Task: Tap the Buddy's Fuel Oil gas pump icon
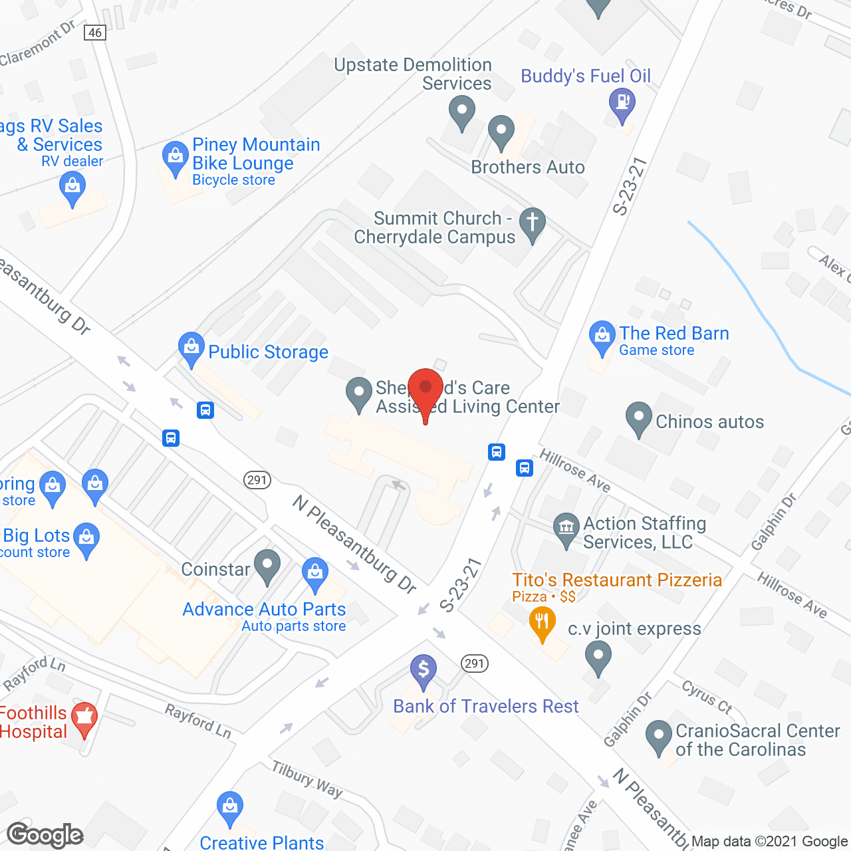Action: click(x=622, y=104)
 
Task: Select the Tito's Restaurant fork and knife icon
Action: click(x=543, y=624)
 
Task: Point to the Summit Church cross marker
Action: click(x=532, y=223)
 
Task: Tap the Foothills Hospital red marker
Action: click(x=84, y=719)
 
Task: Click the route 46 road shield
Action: click(x=95, y=32)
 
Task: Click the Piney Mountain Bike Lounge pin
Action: click(x=176, y=158)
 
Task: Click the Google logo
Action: click(x=45, y=835)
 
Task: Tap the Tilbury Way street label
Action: click(x=307, y=779)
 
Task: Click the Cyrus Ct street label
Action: click(x=707, y=697)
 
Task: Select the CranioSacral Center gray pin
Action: click(x=659, y=736)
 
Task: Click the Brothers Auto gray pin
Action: click(x=501, y=131)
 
